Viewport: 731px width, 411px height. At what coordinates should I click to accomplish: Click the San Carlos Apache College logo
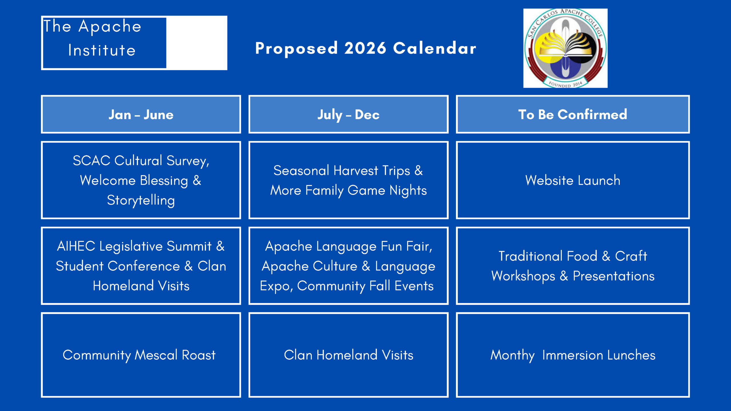click(565, 48)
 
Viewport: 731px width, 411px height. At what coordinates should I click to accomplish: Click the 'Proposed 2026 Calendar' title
click(366, 49)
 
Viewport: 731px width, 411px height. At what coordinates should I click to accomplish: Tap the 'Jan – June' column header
click(141, 114)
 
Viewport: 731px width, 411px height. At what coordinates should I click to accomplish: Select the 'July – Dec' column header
click(348, 114)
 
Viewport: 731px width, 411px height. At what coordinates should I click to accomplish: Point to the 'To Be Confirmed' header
click(573, 114)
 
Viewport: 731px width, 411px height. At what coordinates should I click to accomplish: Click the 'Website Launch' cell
click(573, 180)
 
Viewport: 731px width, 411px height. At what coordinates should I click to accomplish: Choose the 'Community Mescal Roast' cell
click(141, 355)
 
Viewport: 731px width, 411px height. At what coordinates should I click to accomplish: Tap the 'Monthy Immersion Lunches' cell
click(573, 355)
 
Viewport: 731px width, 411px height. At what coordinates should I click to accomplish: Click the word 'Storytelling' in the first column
click(141, 200)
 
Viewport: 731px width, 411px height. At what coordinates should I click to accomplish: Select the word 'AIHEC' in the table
click(76, 246)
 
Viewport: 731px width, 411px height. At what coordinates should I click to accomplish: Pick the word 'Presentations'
click(614, 276)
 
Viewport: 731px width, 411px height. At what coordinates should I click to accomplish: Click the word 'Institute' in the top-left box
click(102, 51)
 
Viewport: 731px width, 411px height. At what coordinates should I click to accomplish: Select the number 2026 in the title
click(365, 48)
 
